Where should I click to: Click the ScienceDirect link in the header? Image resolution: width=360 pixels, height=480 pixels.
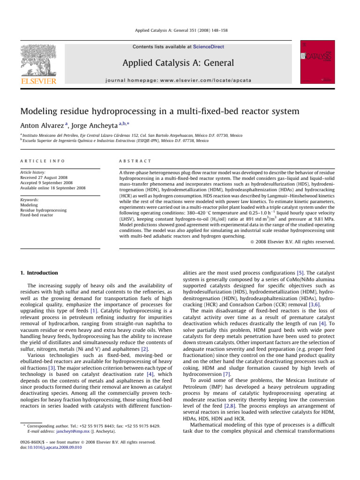click(x=210, y=47)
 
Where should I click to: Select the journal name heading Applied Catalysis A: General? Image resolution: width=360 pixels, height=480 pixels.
click(x=180, y=63)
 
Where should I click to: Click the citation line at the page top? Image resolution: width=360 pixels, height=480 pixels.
click(x=180, y=34)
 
